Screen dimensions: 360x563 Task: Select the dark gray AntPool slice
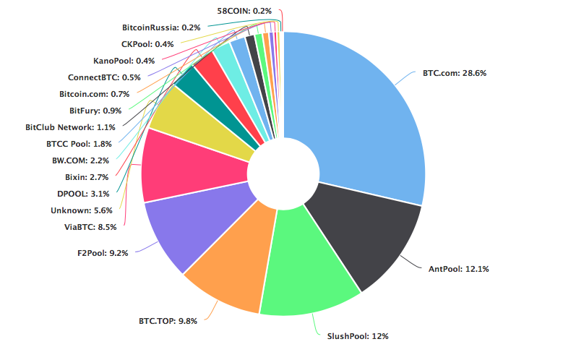(361, 231)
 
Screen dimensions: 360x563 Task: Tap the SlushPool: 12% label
(358, 336)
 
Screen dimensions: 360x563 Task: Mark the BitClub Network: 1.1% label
(69, 127)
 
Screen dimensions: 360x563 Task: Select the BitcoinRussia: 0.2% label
(161, 27)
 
